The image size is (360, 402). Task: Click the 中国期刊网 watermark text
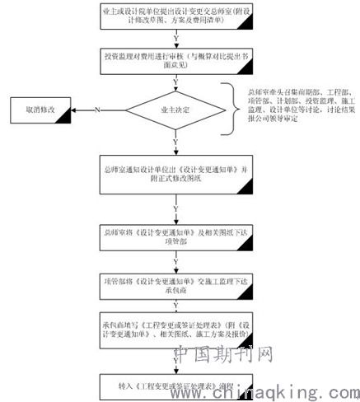[x=223, y=355]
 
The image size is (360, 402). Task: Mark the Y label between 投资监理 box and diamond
[x=175, y=80]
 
